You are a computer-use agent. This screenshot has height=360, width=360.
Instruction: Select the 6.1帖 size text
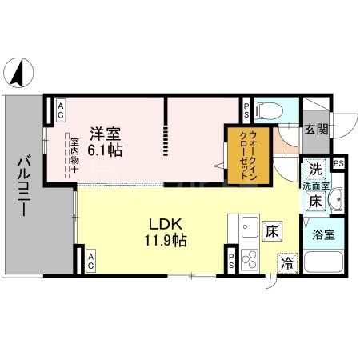[106, 150]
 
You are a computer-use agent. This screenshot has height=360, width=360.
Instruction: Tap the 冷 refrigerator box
[286, 262]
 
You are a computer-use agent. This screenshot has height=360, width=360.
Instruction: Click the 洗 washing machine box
[315, 170]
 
